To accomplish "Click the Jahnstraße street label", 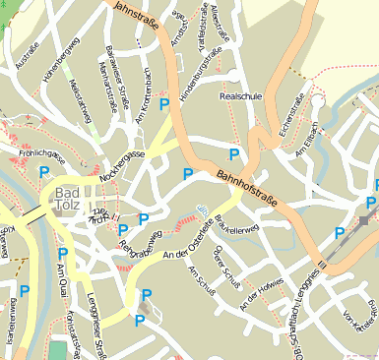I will pos(137,19).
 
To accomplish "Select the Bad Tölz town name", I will pos(72,199).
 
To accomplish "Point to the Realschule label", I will pos(242,97).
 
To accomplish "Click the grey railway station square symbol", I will pos(363,221).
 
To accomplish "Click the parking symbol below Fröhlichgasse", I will pos(44,172).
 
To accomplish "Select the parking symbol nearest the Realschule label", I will pos(233,154).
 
